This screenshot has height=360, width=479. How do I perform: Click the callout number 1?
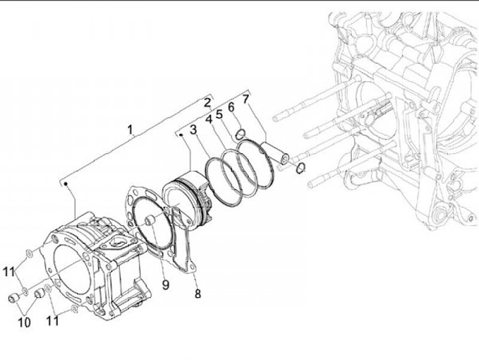click(x=131, y=128)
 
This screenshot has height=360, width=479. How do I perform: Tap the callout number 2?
click(x=208, y=102)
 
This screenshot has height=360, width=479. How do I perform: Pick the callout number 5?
click(x=219, y=114)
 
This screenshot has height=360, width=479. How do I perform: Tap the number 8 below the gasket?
click(x=197, y=293)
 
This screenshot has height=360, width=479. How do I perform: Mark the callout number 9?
click(x=165, y=285)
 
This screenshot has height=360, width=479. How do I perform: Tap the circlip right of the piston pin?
click(x=301, y=166)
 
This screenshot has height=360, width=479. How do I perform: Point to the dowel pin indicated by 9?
click(x=150, y=222)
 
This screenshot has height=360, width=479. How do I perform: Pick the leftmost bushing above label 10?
click(x=13, y=297)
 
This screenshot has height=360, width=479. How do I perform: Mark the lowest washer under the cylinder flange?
click(x=74, y=310)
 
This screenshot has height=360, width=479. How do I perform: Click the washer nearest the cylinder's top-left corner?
click(x=29, y=252)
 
